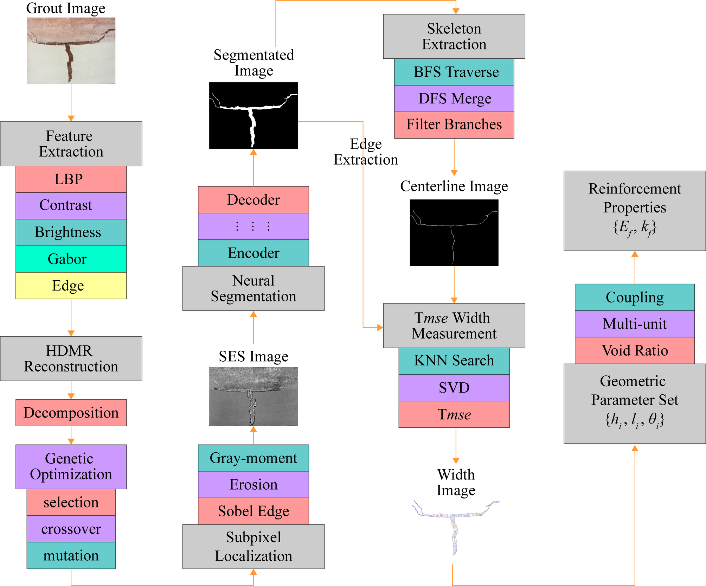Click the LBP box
[x=71, y=179]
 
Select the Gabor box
[x=71, y=259]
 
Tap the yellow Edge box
[x=71, y=286]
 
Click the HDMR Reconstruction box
[x=71, y=358]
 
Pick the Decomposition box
[x=71, y=413]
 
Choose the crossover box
[x=71, y=529]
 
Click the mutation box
[x=71, y=555]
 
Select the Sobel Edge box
[x=253, y=511]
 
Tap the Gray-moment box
[x=253, y=458]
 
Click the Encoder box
[x=253, y=253]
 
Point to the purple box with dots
[x=253, y=226]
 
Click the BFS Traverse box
[x=454, y=72]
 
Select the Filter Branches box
[x=454, y=125]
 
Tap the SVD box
[x=454, y=388]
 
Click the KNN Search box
[x=454, y=361]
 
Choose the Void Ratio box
[x=635, y=350]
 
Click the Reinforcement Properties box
[x=635, y=211]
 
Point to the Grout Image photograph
[x=71, y=51]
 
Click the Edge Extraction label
[x=366, y=152]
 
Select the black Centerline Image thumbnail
[x=454, y=233]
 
